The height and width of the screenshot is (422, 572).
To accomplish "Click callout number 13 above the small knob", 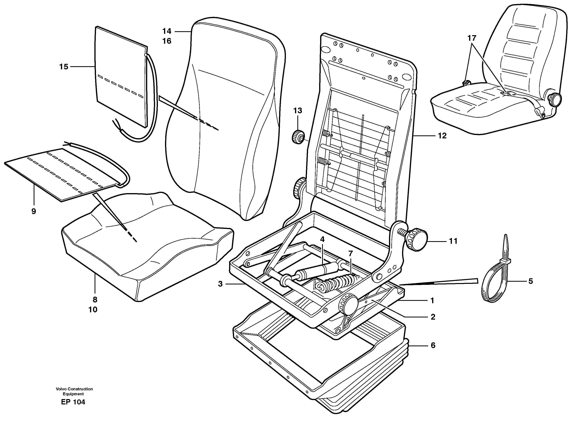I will coord(297,111).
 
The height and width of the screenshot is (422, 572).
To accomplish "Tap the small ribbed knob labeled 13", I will coord(298,136).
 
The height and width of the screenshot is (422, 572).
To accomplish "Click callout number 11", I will coord(453,241).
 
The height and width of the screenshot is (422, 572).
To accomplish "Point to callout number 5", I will coord(531,281).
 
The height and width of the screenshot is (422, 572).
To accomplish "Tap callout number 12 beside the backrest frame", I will coord(442,136).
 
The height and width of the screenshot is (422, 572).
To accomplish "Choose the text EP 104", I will coord(73,402).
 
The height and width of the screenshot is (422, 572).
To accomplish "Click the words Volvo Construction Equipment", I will coord(74,391).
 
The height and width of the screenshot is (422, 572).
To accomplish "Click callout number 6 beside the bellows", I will coord(433,346).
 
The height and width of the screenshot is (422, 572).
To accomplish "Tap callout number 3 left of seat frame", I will coord(220,284).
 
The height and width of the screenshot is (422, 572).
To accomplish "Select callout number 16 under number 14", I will coord(167,41).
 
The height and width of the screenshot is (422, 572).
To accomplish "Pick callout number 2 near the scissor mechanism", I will coord(433,317).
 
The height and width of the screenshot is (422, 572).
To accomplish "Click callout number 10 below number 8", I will coord(93,310).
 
